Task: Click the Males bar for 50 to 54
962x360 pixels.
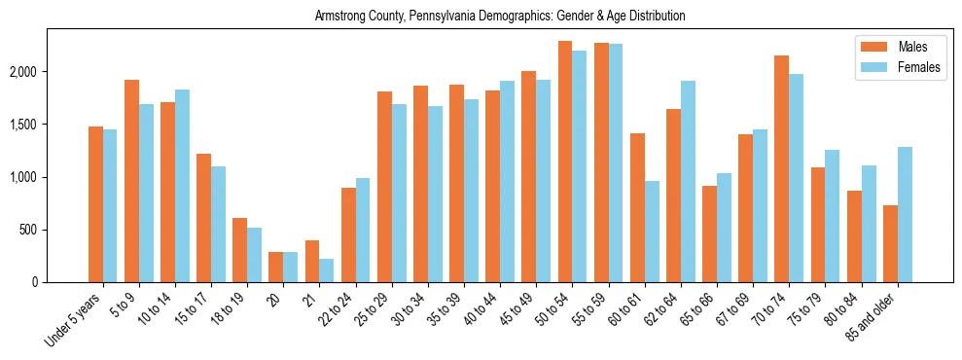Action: (565, 162)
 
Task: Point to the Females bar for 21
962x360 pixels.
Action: (327, 270)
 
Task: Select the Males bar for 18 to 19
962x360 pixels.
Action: (239, 250)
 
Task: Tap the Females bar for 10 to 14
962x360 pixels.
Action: (182, 186)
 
